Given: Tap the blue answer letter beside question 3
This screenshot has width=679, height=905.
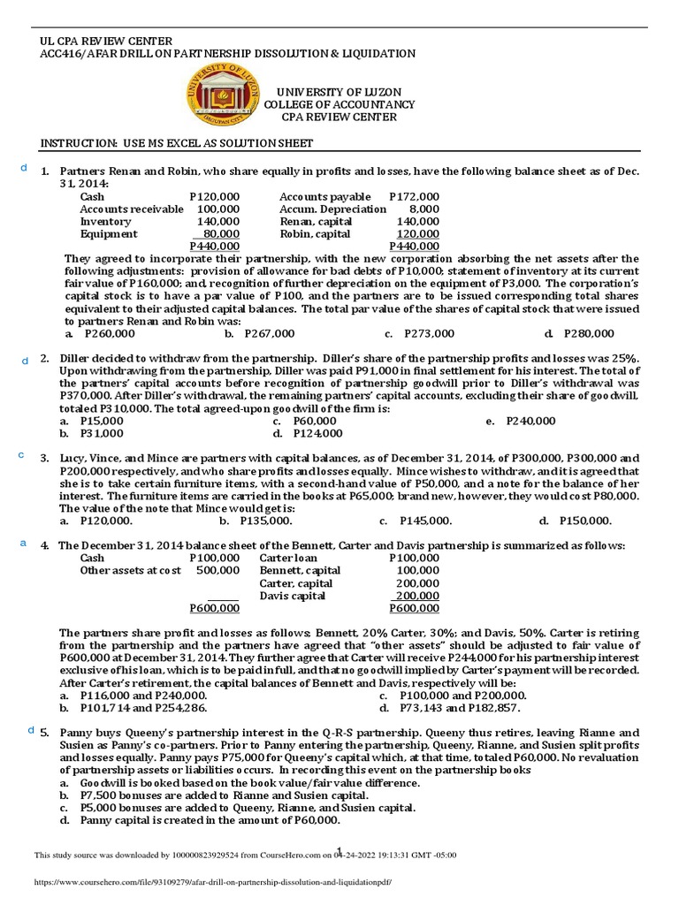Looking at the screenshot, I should pyautogui.click(x=21, y=454).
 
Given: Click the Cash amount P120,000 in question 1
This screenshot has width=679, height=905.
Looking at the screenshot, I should pyautogui.click(x=214, y=196).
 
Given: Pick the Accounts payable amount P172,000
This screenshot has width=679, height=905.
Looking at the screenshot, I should pyautogui.click(x=414, y=196).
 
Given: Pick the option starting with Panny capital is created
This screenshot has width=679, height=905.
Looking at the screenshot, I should pyautogui.click(x=199, y=820).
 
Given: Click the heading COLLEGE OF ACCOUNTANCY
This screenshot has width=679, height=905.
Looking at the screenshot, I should pyautogui.click(x=339, y=104).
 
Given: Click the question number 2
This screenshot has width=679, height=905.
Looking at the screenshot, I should pyautogui.click(x=44, y=359).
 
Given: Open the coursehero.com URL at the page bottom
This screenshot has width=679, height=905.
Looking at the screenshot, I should pyautogui.click(x=212, y=882).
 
